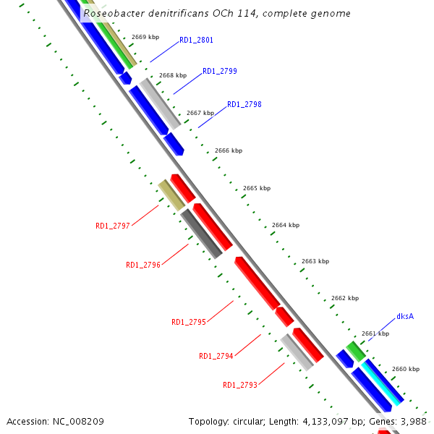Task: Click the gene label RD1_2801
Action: tap(196, 40)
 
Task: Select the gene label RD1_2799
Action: tap(220, 71)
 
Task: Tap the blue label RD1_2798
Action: tap(244, 104)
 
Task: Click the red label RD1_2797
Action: tap(113, 226)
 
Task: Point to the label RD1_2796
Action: tap(143, 265)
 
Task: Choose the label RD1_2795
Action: tap(189, 322)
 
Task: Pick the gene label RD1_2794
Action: tap(216, 356)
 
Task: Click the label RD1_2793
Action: tap(240, 385)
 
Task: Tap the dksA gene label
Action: tap(405, 317)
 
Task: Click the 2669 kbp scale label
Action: tap(145, 37)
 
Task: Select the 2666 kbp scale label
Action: tap(229, 150)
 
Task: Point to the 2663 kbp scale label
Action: tap(315, 261)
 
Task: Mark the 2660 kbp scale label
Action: tap(405, 369)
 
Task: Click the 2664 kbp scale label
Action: tap(286, 225)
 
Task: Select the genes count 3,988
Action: tap(412, 421)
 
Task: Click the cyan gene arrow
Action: tap(383, 383)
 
